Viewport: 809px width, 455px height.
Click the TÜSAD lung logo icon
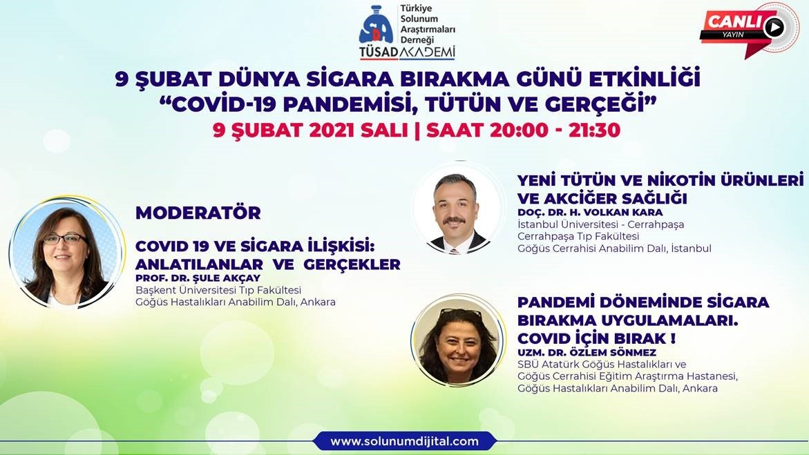(x=376, y=26)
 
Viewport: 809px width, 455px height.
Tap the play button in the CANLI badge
(x=773, y=27)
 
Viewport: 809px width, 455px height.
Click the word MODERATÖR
(x=198, y=213)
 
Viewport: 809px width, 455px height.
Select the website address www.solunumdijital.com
(x=405, y=442)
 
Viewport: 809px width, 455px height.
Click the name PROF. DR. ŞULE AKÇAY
(x=198, y=278)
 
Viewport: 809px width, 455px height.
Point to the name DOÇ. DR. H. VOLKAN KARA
(x=590, y=212)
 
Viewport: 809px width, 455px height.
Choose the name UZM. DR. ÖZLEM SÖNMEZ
(x=587, y=352)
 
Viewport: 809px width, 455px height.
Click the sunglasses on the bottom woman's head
(x=461, y=313)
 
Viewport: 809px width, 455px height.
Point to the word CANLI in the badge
(x=734, y=21)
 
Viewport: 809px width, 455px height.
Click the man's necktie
(x=454, y=250)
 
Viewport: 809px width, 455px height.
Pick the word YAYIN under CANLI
(x=732, y=34)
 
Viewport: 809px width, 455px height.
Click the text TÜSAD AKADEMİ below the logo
(x=408, y=52)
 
